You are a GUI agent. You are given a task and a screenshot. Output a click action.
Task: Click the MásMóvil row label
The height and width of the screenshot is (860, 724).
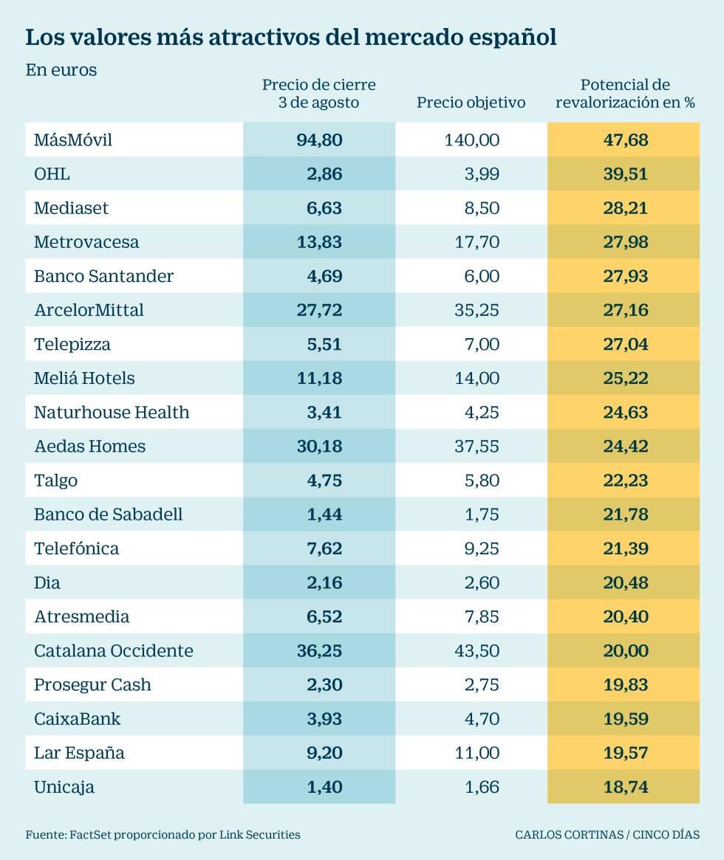pos(73,140)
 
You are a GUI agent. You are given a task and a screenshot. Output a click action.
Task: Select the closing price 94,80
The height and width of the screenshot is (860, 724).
pos(319,140)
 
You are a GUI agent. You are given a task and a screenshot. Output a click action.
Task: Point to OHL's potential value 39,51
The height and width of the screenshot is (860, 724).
pos(625,174)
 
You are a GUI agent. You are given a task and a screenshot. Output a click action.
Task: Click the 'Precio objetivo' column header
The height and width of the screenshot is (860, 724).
pos(471,103)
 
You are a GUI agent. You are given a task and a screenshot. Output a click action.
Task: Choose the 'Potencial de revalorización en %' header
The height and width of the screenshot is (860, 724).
pos(625,94)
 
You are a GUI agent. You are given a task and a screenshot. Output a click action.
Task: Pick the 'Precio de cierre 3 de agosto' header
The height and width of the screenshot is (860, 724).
pos(318,94)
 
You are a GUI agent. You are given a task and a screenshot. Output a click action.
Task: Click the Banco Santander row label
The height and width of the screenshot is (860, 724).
pos(103,276)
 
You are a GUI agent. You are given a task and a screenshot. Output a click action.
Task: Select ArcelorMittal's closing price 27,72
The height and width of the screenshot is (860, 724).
pos(319,310)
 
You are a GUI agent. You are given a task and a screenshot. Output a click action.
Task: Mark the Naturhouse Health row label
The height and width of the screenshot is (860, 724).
pos(112,412)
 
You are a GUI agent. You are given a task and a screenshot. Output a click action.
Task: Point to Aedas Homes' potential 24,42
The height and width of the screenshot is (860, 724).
pos(625,446)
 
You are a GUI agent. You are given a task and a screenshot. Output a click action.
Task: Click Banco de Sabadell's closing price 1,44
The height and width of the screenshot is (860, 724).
pos(324,515)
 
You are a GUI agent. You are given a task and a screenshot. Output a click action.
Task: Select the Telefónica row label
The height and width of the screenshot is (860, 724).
pos(76,548)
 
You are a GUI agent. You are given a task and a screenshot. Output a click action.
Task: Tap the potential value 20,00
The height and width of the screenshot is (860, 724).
pos(625,650)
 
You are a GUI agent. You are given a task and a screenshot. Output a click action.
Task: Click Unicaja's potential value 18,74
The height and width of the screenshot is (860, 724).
pos(625,787)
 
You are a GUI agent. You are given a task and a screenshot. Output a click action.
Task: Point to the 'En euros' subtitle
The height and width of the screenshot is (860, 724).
pos(61,70)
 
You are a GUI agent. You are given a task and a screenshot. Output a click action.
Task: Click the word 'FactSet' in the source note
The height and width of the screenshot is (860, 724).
pos(89,835)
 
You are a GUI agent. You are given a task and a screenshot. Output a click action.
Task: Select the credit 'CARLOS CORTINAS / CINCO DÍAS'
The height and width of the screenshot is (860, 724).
pos(607,835)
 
